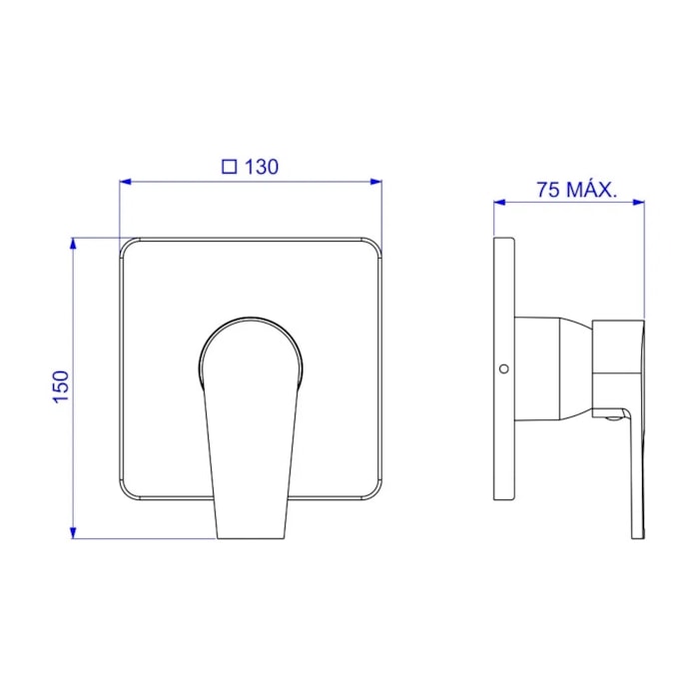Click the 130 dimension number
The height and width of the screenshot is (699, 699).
coord(262,167)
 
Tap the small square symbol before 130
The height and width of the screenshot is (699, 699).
coord(229,167)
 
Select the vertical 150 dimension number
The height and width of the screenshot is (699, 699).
coord(62,387)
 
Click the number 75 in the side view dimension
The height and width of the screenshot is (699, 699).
coord(548,190)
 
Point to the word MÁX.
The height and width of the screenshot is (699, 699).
coord(591,189)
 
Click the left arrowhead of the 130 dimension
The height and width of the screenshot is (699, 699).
coord(125,182)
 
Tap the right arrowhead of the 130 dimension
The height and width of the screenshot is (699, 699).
coord(375,182)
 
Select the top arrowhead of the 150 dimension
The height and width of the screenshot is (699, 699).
coord(74,244)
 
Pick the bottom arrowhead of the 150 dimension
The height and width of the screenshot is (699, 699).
coord(74,532)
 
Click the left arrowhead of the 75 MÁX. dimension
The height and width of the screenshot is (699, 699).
coord(499,203)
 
